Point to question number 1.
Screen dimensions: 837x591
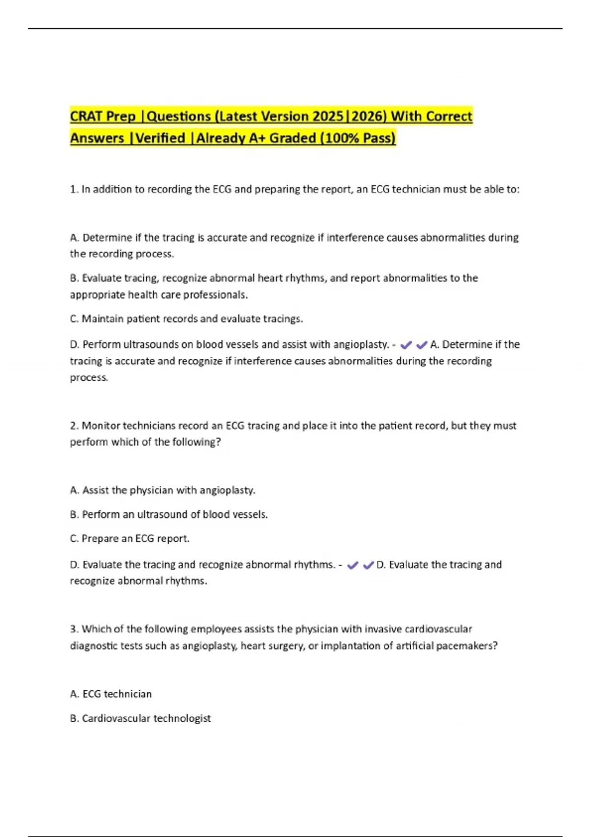click(73, 190)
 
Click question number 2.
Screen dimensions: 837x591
click(73, 426)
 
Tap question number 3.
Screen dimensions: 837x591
click(73, 629)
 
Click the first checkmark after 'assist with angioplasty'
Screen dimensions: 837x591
click(406, 345)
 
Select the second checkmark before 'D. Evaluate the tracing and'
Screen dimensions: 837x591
click(368, 565)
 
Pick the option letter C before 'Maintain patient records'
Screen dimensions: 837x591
click(74, 319)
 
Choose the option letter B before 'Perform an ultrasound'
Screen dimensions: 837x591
click(74, 515)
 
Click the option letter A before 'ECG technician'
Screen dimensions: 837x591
click(74, 694)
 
